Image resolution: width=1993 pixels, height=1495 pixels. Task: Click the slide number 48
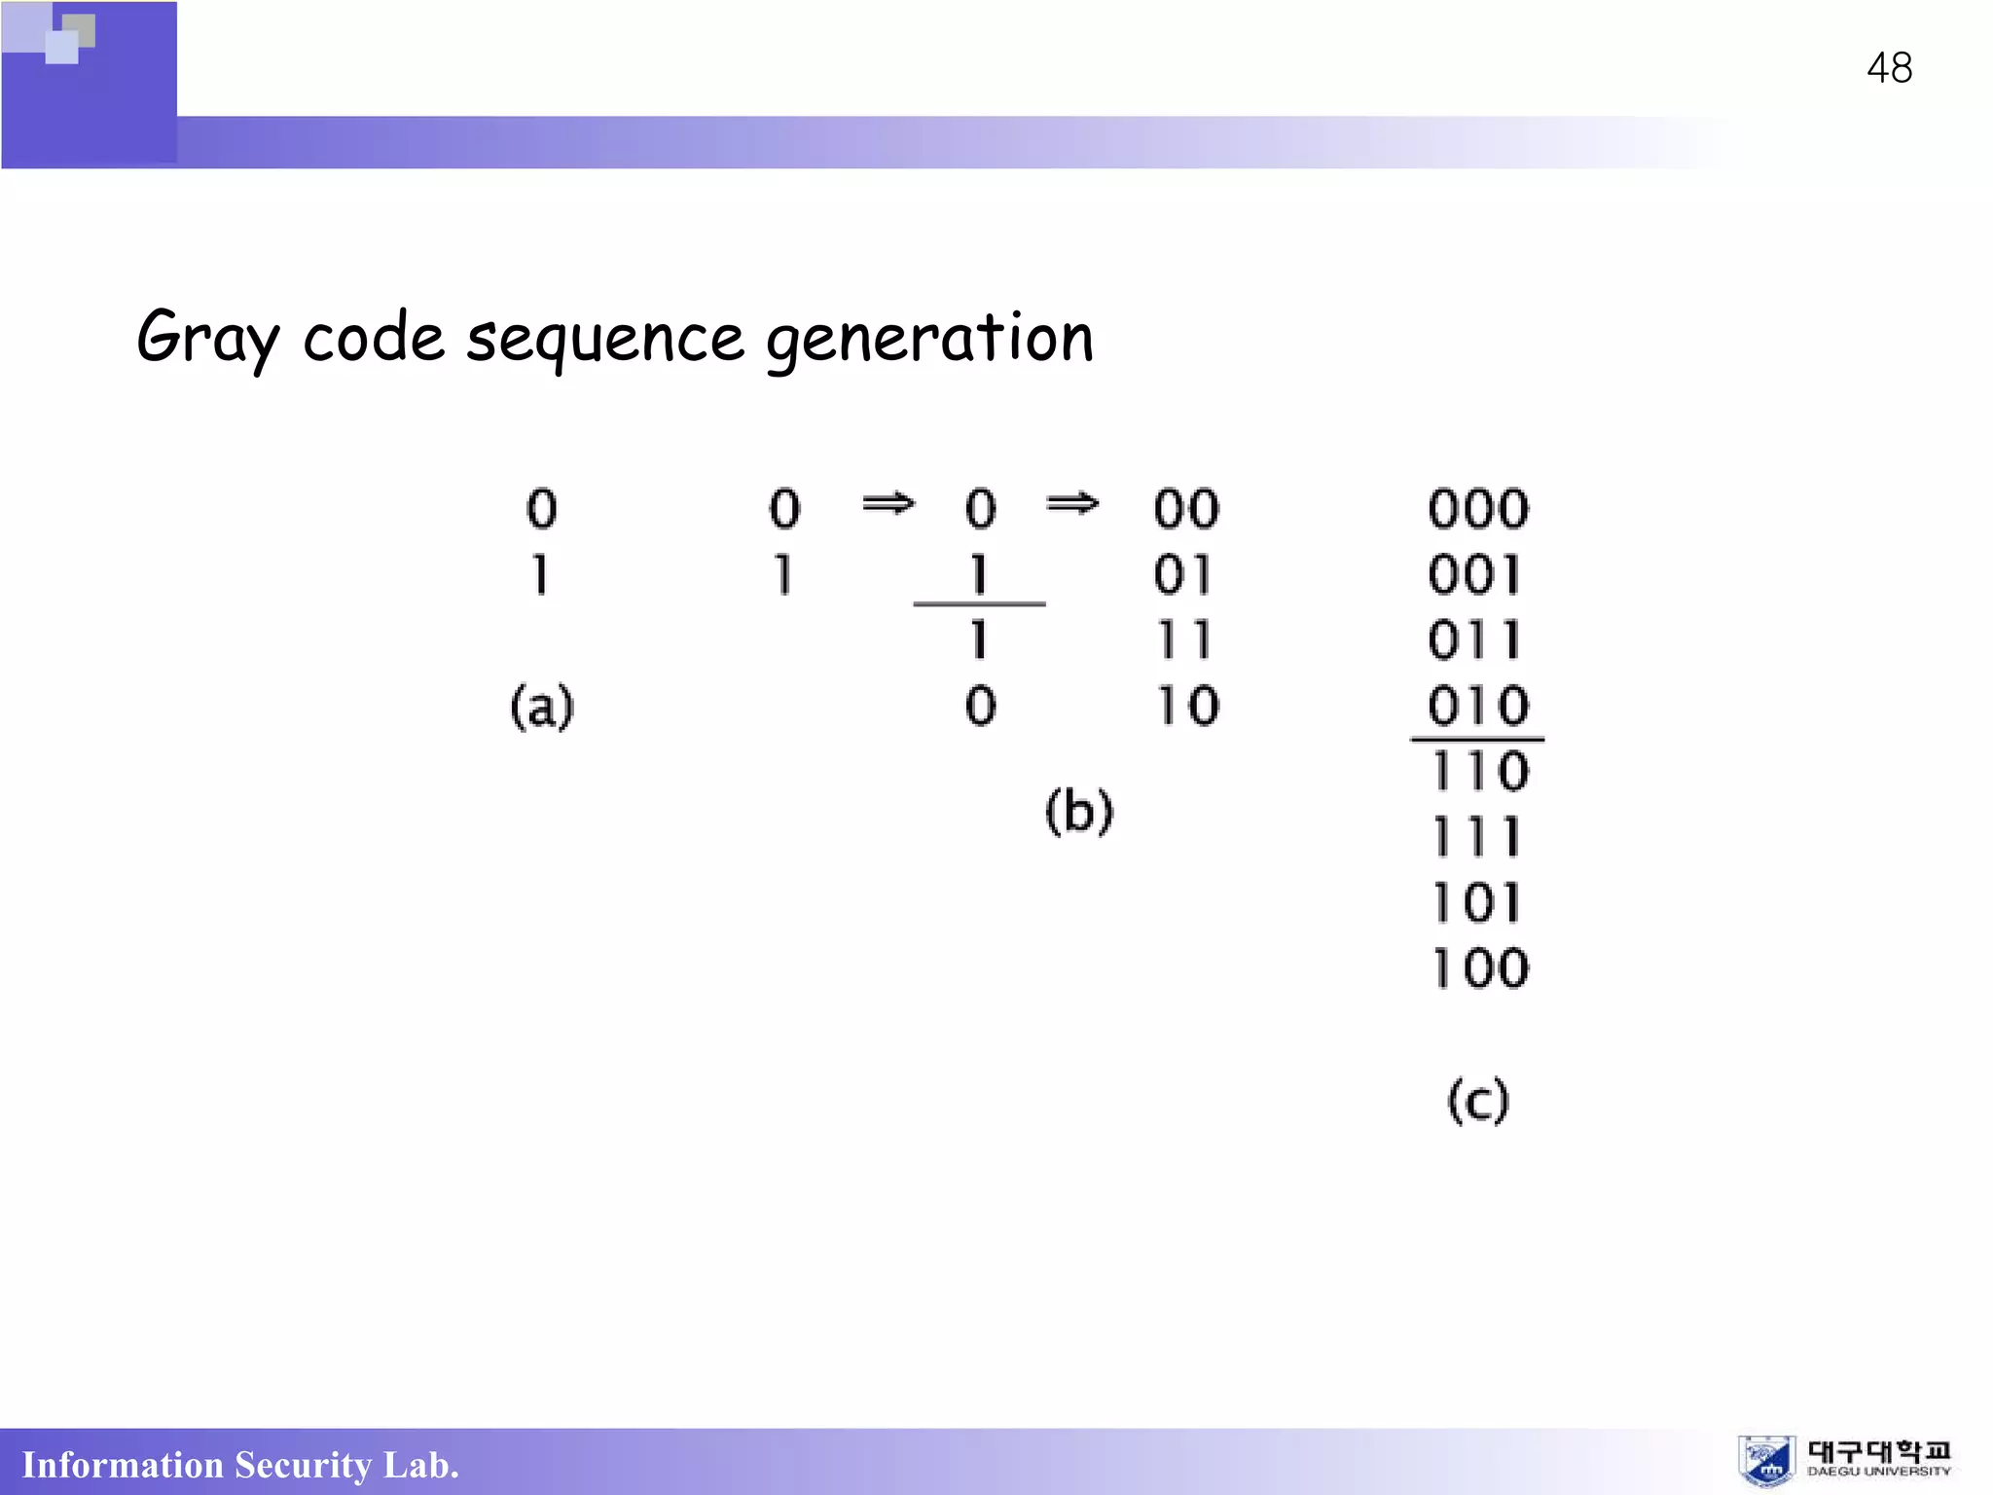(1889, 68)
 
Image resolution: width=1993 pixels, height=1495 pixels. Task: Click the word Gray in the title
(207, 339)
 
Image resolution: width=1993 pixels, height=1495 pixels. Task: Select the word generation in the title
(929, 339)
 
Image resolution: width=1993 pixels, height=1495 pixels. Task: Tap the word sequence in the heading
(604, 341)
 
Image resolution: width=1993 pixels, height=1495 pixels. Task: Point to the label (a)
(542, 707)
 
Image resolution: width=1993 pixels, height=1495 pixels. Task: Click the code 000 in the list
(1477, 509)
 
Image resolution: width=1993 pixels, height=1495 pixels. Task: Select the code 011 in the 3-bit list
(1475, 640)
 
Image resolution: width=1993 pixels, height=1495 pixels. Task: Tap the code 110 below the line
(1479, 772)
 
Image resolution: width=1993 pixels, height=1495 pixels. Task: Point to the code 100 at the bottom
(1479, 968)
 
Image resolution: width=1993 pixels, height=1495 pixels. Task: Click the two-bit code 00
(1186, 509)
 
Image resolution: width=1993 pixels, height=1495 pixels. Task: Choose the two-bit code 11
(1184, 640)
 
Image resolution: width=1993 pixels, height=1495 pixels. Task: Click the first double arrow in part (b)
(888, 503)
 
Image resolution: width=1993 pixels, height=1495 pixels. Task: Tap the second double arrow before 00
(1072, 503)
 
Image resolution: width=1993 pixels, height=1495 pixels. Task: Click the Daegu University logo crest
(1766, 1461)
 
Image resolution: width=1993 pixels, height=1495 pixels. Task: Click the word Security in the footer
(303, 1465)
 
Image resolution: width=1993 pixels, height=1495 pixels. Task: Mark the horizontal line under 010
(1477, 740)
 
